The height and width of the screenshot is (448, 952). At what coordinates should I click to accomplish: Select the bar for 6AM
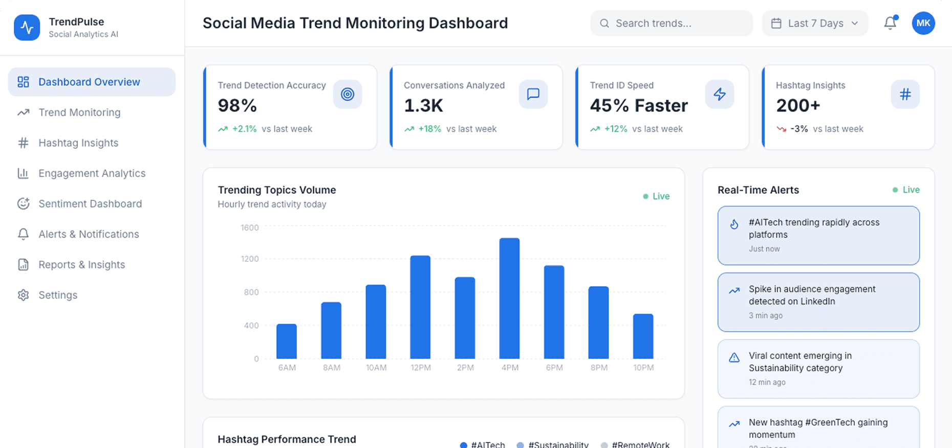coord(287,341)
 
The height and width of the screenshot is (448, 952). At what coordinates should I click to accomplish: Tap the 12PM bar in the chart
coord(420,307)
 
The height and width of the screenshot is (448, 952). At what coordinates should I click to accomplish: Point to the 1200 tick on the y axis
coord(250,259)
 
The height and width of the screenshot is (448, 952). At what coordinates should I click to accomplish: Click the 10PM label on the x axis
coord(643,368)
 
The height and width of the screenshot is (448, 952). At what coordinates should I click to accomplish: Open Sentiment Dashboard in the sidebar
coord(90,204)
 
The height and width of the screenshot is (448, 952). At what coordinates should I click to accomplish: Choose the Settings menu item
coord(58,295)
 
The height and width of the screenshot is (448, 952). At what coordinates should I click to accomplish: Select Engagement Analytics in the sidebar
coord(92,173)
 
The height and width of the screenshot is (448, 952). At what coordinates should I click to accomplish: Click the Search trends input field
coord(672,24)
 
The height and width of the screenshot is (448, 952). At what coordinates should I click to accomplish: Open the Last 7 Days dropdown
coord(815,24)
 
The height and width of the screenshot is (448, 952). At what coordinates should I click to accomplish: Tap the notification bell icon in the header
coord(890,24)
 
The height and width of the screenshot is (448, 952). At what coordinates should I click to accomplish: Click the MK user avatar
coord(923,24)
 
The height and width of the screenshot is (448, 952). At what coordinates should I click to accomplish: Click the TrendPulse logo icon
coord(27,28)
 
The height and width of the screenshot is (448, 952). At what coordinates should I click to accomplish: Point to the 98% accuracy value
coord(237,106)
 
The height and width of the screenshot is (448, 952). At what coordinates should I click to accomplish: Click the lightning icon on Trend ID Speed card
coord(719,94)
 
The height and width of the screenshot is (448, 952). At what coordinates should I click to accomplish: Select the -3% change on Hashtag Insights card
coord(799,129)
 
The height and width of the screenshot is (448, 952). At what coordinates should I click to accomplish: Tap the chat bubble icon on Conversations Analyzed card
coord(533,94)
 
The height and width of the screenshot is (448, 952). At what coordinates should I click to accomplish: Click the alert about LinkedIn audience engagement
coord(818,302)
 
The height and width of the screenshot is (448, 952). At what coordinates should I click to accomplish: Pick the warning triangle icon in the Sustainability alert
coord(734,357)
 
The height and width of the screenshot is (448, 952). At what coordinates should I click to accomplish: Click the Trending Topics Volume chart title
coord(277,190)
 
